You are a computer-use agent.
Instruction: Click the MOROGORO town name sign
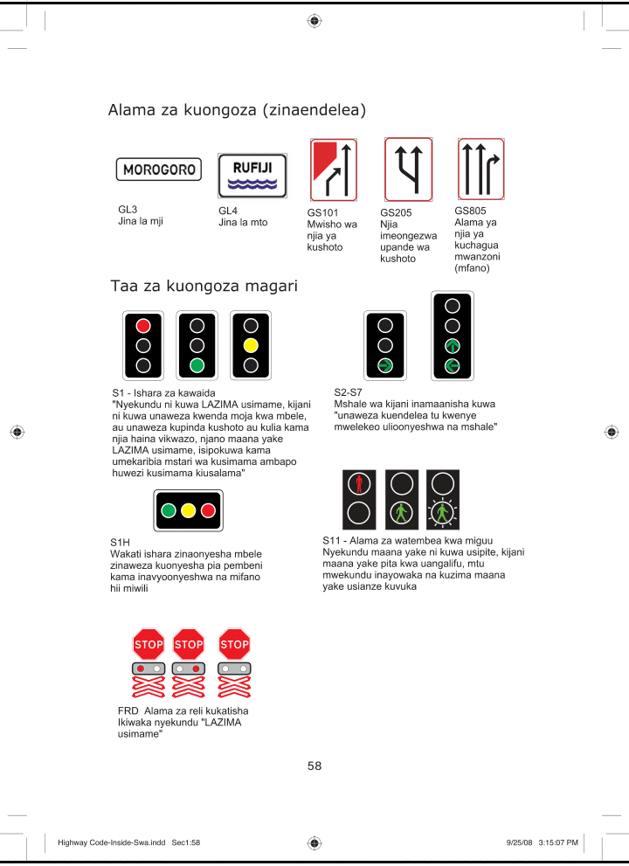coord(158,170)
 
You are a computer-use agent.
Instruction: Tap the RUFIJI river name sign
coord(252,175)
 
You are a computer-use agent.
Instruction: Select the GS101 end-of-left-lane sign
coord(333,170)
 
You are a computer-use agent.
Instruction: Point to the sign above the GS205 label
coord(408,170)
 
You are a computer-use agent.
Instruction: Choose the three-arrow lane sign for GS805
coord(481,168)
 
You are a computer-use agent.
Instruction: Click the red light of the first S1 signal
coord(144,325)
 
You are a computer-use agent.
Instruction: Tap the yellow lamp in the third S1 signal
coord(251,344)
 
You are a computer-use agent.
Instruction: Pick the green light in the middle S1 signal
coord(197,364)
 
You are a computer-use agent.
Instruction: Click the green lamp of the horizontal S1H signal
coord(168,510)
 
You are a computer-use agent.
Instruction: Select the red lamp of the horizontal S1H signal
coord(208,510)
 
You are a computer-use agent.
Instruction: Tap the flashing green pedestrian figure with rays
coord(443,512)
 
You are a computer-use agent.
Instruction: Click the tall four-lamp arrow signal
coord(452,336)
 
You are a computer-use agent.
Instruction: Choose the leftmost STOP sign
coord(149,645)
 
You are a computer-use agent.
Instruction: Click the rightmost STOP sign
coord(234,645)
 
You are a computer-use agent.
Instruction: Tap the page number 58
coord(314,766)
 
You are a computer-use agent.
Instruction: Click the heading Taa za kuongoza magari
coord(204,287)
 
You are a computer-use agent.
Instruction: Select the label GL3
coord(128,210)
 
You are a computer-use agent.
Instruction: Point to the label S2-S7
coord(348,392)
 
